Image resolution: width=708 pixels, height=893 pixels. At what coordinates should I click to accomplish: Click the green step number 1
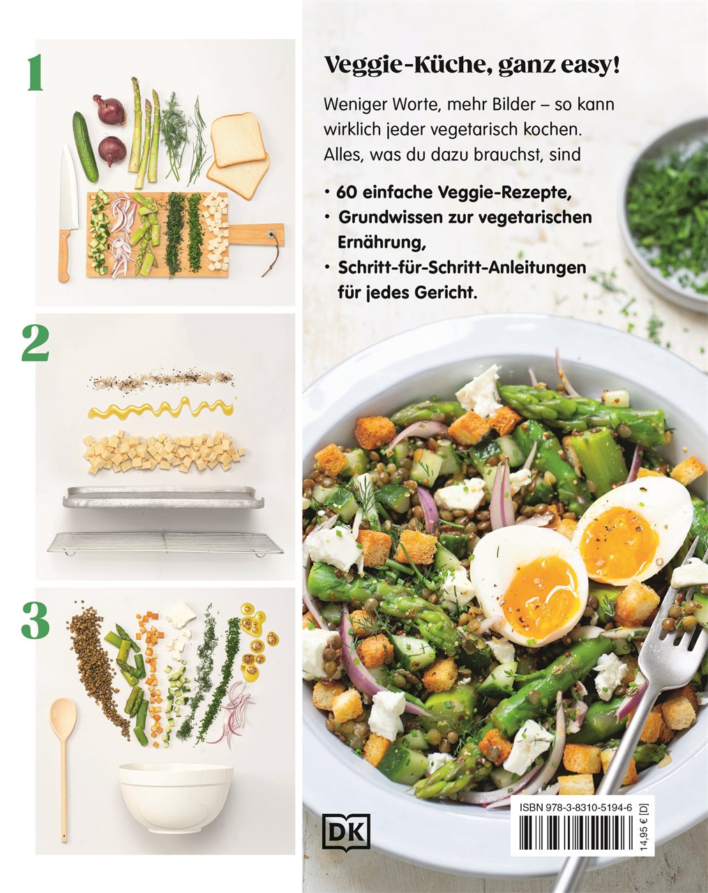[36, 73]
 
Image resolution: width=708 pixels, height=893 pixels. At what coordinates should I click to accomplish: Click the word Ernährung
[382, 243]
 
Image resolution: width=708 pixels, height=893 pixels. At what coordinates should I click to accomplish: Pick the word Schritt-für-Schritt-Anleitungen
[462, 268]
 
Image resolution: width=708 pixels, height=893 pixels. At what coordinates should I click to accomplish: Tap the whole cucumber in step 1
[85, 147]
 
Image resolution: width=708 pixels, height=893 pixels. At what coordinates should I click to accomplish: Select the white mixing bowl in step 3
[176, 792]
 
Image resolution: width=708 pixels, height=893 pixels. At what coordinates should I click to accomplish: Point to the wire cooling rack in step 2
[165, 543]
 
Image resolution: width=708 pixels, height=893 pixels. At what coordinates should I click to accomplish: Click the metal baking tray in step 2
[163, 497]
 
